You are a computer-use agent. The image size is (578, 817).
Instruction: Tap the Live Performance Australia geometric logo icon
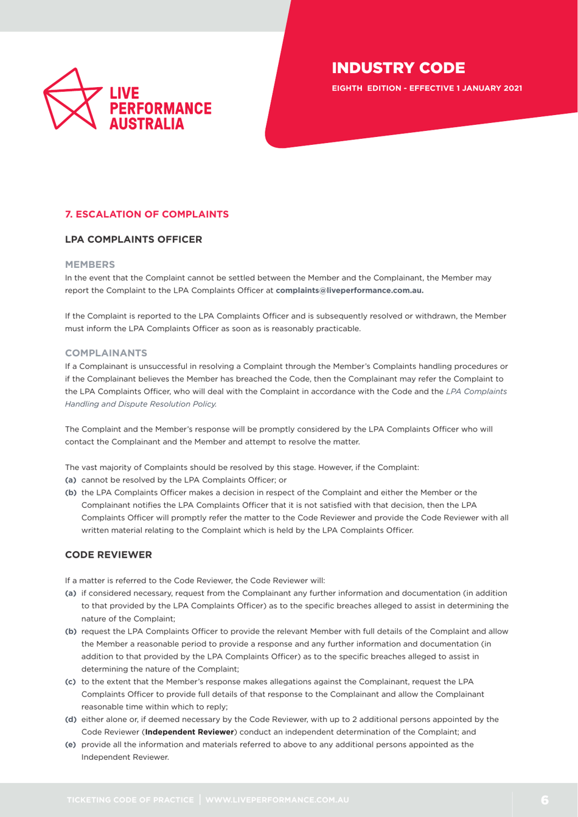[72, 99]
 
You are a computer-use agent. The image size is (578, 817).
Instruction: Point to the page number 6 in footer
[545, 799]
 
